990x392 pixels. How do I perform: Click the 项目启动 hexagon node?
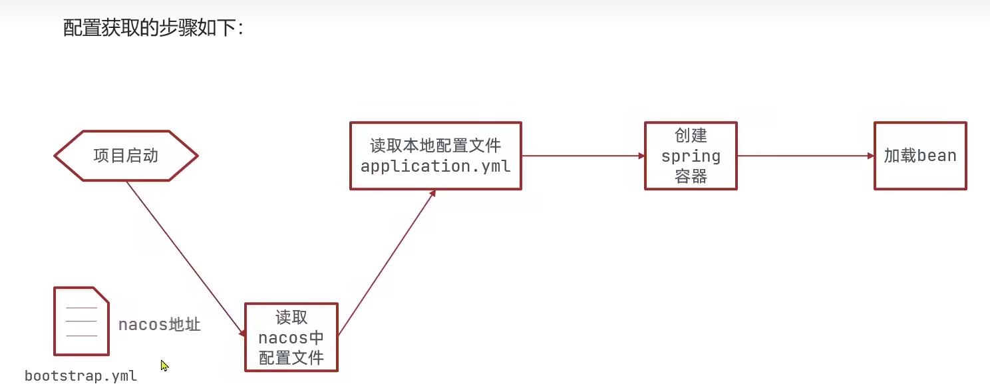pyautogui.click(x=126, y=156)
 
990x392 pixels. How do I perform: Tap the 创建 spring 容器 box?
pyautogui.click(x=691, y=156)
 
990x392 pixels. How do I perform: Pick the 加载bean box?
pyautogui.click(x=920, y=156)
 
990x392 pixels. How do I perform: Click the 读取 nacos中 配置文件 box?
pyautogui.click(x=291, y=337)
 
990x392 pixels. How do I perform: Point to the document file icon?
pyautogui.click(x=81, y=321)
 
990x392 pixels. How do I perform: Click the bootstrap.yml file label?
pyautogui.click(x=81, y=376)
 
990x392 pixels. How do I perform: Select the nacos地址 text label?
pyautogui.click(x=159, y=325)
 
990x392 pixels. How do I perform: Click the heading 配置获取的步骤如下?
pyautogui.click(x=154, y=28)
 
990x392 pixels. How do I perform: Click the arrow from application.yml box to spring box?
pyautogui.click(x=583, y=156)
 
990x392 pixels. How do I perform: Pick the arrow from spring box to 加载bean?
pyautogui.click(x=805, y=156)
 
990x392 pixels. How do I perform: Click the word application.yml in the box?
pyautogui.click(x=435, y=166)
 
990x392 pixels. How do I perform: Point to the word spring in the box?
pyautogui.click(x=691, y=157)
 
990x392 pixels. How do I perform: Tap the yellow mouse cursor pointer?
pyautogui.click(x=164, y=365)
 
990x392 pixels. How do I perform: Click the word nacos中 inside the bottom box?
pyautogui.click(x=291, y=337)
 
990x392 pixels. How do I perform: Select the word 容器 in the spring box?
pyautogui.click(x=691, y=176)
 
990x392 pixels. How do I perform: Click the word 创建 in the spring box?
pyautogui.click(x=691, y=136)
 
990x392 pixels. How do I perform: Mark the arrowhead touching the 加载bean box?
pyautogui.click(x=870, y=156)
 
